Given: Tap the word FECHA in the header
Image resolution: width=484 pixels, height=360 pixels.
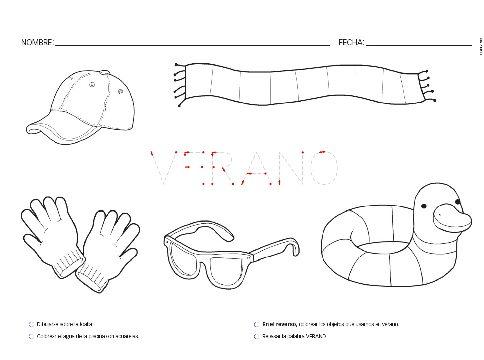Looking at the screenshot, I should click(x=351, y=43).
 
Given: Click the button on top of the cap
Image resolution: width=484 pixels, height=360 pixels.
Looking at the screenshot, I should click(x=104, y=72).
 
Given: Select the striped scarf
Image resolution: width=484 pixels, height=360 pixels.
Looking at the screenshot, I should click(x=302, y=84).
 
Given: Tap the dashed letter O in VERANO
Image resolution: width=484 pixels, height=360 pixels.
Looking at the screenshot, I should click(x=324, y=167).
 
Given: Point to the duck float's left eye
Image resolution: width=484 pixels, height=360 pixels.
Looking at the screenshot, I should click(x=424, y=206).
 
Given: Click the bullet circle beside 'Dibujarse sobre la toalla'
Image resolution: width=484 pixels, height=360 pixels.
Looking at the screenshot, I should click(x=31, y=325).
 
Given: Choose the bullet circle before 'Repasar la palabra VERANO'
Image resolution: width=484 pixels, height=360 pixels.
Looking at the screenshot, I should click(x=256, y=337).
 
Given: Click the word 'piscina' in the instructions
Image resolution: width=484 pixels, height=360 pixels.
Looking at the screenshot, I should click(x=93, y=336).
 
